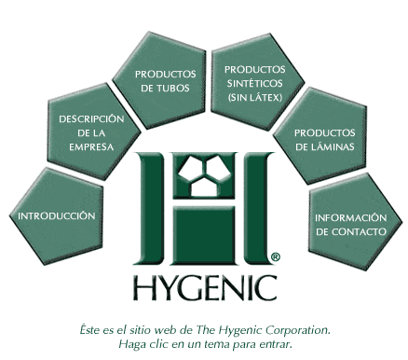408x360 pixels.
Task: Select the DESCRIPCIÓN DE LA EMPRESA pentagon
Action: point(90,132)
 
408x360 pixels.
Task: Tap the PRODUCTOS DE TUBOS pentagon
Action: point(165,79)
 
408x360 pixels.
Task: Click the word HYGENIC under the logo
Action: point(203,285)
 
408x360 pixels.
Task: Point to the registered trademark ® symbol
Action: point(273,254)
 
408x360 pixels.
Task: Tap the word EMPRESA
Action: point(91,146)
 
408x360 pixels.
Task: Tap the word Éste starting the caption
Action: point(91,329)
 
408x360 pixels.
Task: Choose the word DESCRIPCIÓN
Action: point(91,119)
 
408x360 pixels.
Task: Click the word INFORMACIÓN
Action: point(350,216)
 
